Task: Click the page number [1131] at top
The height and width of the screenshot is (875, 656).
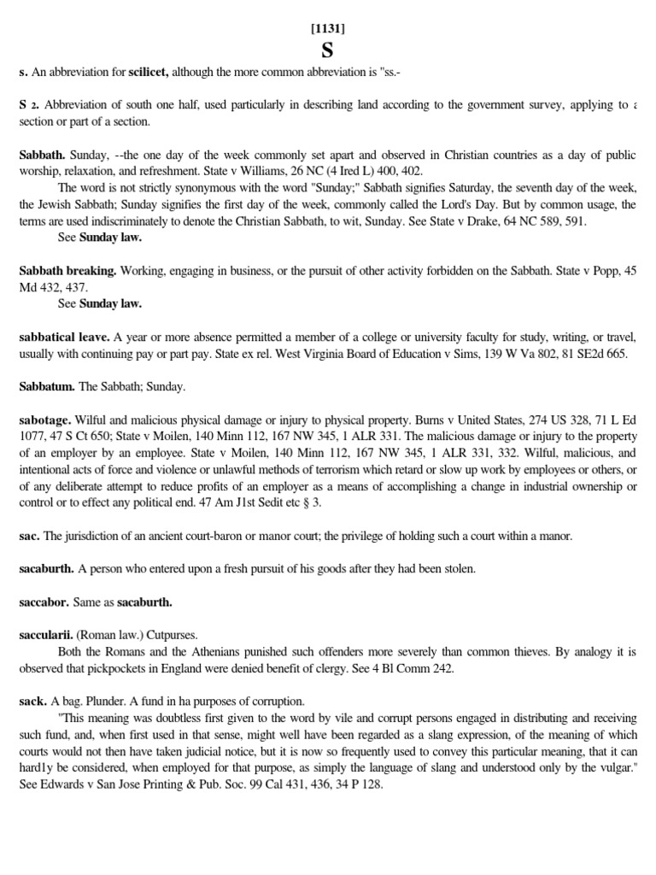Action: tap(328, 28)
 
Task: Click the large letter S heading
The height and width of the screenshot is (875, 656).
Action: tap(328, 51)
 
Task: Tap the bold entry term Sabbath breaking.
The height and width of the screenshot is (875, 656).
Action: tap(68, 270)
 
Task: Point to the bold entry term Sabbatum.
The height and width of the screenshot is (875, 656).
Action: tap(46, 387)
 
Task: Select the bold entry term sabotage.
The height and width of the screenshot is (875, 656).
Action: tap(45, 420)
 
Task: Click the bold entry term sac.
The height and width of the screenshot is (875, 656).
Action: tap(29, 536)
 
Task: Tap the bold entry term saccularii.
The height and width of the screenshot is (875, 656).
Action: tap(48, 635)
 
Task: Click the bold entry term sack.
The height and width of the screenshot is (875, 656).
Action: tap(32, 701)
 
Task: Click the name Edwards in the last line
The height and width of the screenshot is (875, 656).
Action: tap(67, 784)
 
